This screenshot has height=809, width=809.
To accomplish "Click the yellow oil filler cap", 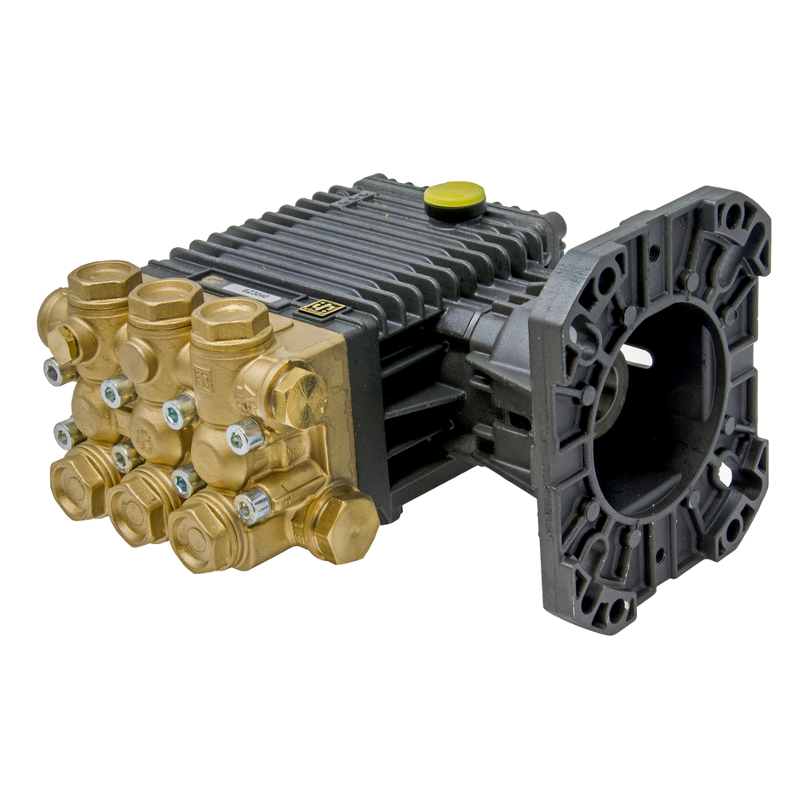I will point(455,195).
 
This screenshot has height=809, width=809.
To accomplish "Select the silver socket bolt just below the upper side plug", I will point(246,436).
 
